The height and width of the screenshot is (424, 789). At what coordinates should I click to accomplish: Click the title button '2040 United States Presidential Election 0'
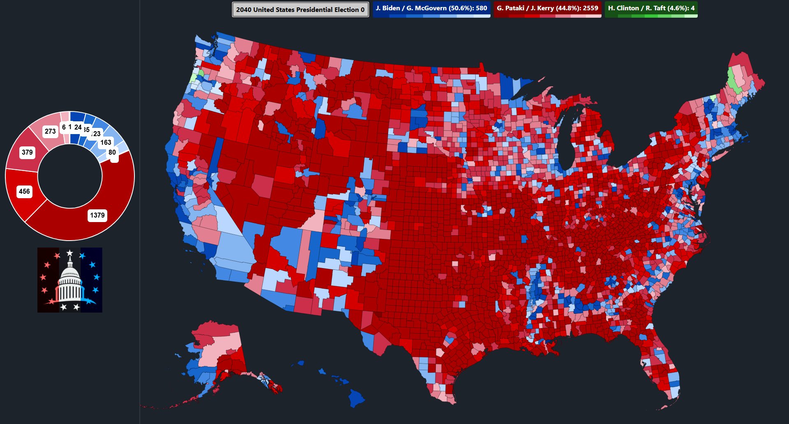(300, 9)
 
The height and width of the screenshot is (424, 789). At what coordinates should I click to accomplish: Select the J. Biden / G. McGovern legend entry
(431, 8)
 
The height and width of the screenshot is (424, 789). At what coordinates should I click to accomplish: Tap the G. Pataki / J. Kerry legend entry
(547, 8)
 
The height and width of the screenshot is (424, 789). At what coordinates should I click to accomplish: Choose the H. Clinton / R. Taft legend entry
(651, 8)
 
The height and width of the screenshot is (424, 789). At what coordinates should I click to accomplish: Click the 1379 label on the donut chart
(97, 215)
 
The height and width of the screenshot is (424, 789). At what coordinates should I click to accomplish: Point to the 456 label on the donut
(24, 191)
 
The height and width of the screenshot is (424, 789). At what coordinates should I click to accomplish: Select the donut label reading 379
(27, 152)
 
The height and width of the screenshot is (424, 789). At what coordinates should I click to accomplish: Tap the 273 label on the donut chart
(50, 131)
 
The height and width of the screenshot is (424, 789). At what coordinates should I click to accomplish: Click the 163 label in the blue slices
(106, 142)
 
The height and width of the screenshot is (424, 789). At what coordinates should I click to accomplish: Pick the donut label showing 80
(112, 152)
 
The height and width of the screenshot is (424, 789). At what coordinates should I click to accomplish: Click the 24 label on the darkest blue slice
(78, 127)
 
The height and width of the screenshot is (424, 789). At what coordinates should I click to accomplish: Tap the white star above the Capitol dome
(70, 253)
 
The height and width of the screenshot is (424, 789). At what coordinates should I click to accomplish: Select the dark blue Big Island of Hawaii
(356, 397)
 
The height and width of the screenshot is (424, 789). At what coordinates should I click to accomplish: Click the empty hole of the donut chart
(70, 176)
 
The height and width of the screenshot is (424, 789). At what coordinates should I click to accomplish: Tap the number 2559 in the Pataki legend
(590, 8)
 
